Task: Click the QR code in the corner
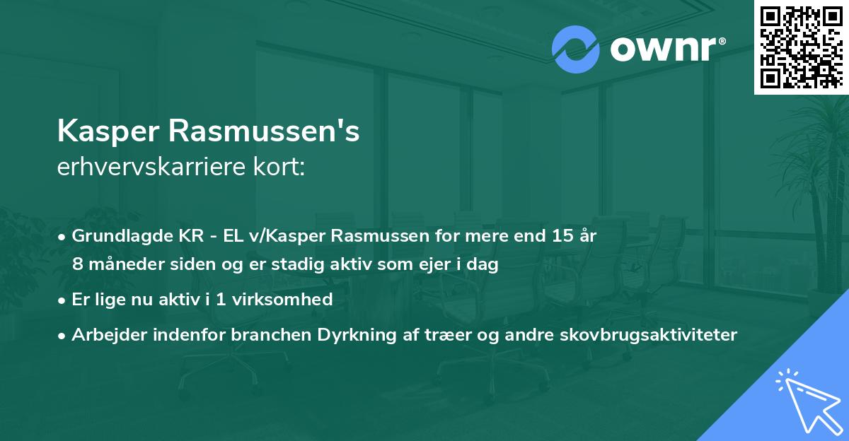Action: coord(801,47)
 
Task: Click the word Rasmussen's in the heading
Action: coord(266,132)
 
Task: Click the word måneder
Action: coord(118,264)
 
